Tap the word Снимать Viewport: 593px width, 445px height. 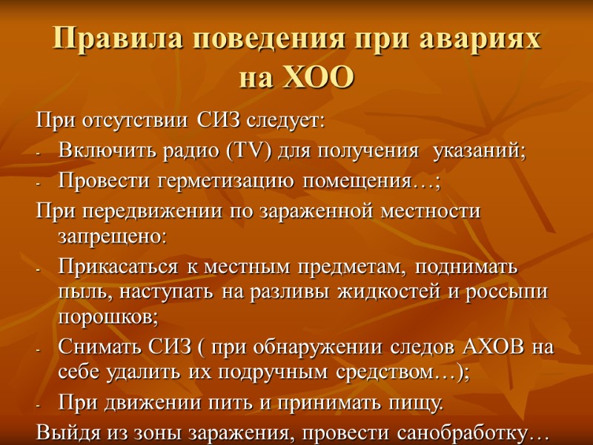[x=92, y=349]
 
